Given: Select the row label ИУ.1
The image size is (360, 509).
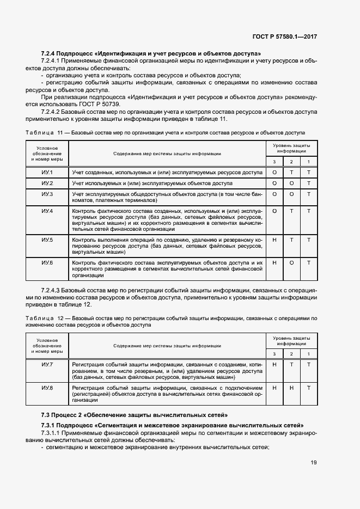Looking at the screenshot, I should click(x=47, y=173).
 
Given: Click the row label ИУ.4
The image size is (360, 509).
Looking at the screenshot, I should click(x=47, y=211).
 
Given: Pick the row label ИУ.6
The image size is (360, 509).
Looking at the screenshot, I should click(x=47, y=263).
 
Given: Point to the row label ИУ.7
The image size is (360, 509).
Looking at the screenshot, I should click(x=47, y=364).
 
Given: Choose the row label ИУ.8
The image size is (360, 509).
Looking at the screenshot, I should click(x=47, y=388).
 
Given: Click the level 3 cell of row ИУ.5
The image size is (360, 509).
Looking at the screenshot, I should click(x=274, y=240).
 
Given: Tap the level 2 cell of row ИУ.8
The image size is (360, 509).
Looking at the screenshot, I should click(x=291, y=388).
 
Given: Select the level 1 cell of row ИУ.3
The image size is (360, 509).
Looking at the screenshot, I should click(x=308, y=194).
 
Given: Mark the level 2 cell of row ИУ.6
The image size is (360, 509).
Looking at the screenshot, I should click(x=291, y=263).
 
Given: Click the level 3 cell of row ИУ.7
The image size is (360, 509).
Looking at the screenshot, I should click(x=274, y=364).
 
